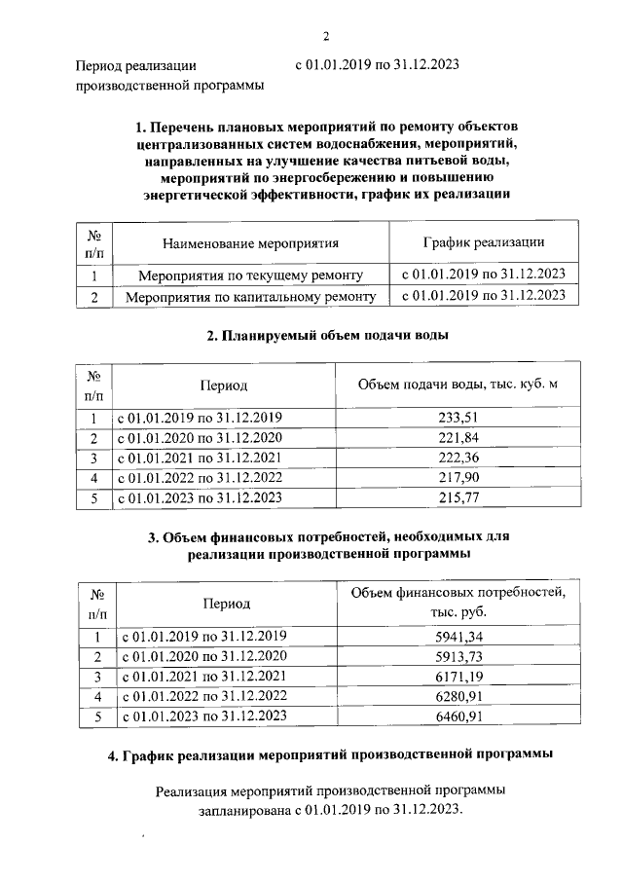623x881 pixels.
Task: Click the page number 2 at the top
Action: pos(327,37)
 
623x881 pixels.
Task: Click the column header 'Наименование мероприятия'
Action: pos(251,243)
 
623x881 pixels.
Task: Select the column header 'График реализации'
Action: pos(483,242)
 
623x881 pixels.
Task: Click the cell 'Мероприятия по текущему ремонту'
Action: pos(251,275)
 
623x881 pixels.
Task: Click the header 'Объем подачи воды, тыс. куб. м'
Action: pos(457,385)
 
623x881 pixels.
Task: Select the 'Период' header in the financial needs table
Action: pos(226,604)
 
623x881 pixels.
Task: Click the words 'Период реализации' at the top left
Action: pos(136,66)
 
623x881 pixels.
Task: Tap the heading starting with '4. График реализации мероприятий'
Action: pos(331,754)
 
